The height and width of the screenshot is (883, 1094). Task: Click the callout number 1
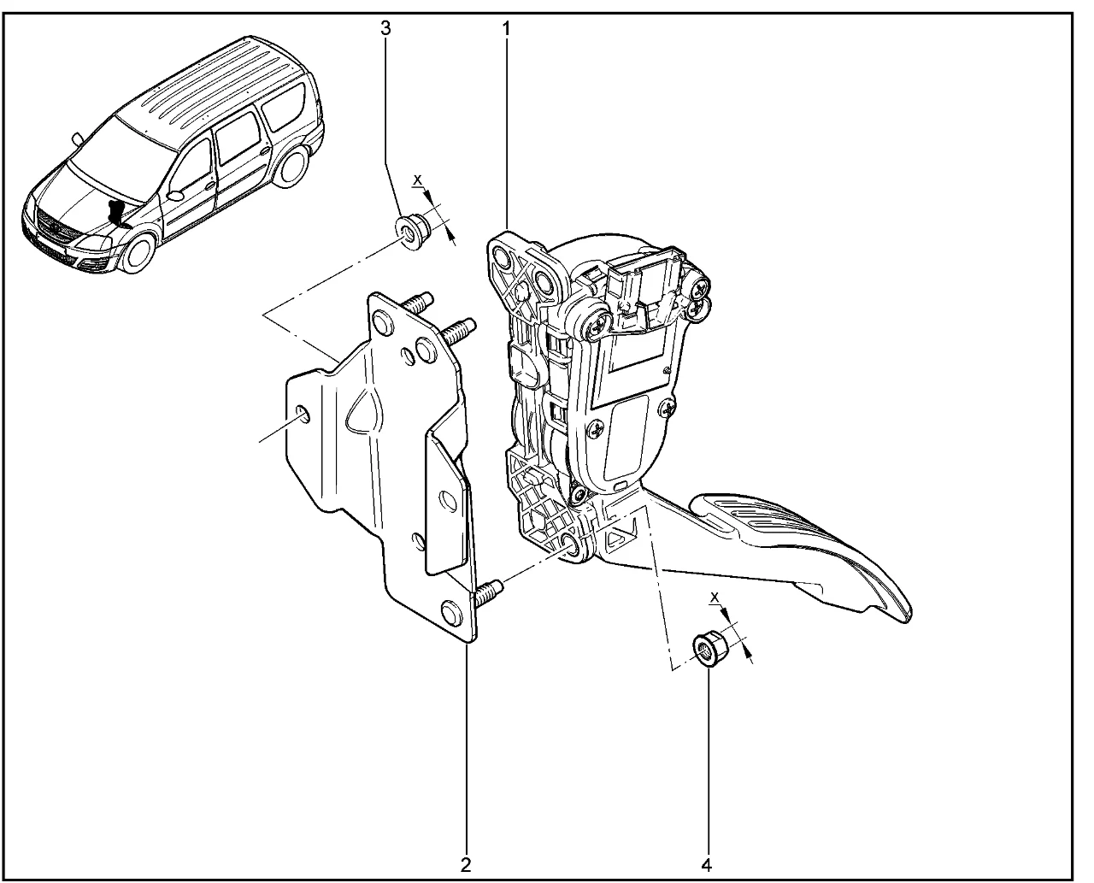tap(506, 29)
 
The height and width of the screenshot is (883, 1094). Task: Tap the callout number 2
tap(465, 865)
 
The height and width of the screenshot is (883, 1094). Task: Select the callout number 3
tap(385, 28)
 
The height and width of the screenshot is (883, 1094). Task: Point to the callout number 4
tap(706, 865)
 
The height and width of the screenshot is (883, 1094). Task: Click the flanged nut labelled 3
tap(414, 232)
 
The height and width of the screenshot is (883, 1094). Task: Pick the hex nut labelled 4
tap(709, 650)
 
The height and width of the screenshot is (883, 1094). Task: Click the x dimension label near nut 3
tap(418, 180)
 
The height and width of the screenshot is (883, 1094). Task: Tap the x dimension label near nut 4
tap(715, 597)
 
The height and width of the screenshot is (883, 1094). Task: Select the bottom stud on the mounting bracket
tap(487, 592)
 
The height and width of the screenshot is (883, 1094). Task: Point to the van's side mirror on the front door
tap(174, 196)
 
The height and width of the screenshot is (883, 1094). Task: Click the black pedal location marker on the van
tap(116, 213)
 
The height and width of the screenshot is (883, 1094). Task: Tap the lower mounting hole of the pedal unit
tap(572, 549)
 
